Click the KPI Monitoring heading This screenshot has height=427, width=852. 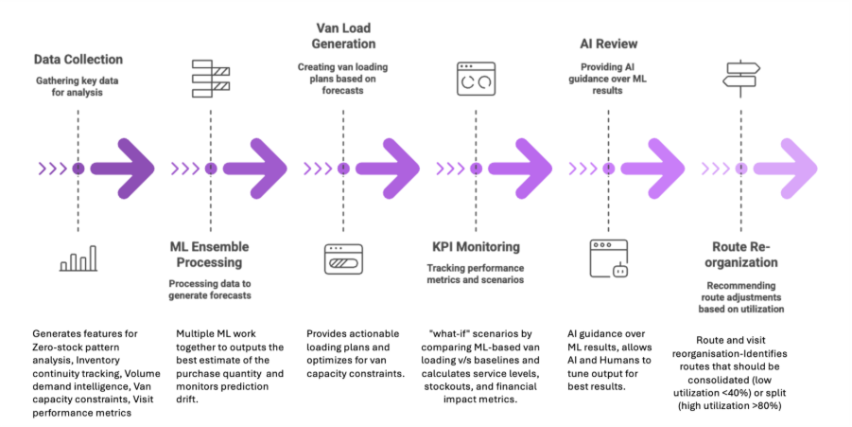click(475, 247)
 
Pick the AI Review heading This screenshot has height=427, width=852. click(607, 44)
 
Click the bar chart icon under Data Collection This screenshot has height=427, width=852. click(78, 259)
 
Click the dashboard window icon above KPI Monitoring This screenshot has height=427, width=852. click(476, 80)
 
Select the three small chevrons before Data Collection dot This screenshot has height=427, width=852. click(52, 169)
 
